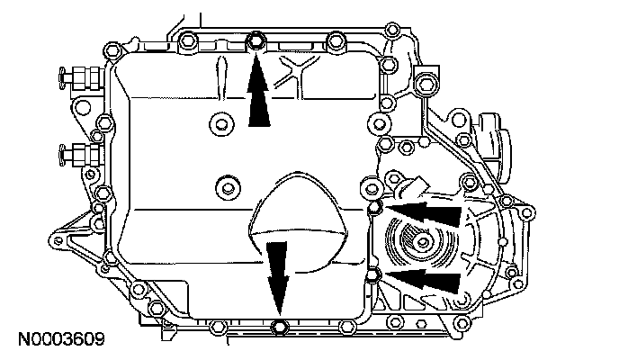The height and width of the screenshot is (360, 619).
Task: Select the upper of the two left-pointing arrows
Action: tap(423, 213)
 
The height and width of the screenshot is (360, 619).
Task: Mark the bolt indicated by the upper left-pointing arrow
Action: tap(375, 210)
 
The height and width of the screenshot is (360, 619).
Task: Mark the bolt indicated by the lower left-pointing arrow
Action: tap(372, 273)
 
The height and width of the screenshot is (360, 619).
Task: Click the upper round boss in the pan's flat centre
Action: tap(219, 123)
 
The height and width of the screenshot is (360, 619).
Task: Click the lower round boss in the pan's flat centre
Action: tap(225, 188)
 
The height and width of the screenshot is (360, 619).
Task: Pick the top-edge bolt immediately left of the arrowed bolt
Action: tap(189, 40)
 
